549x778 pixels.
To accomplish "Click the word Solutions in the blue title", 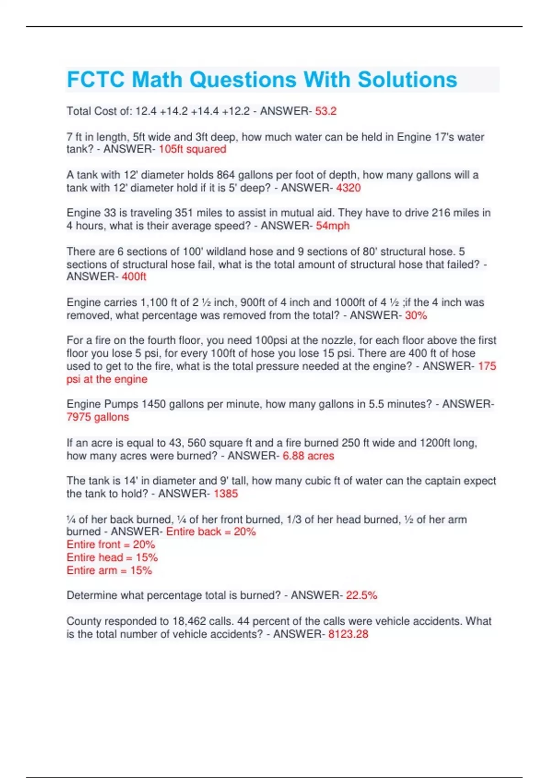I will click(407, 80).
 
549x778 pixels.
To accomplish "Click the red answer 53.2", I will click(326, 111).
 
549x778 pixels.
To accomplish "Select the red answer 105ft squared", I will click(192, 149).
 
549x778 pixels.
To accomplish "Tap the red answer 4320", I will click(348, 188).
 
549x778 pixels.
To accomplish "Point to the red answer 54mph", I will click(333, 226).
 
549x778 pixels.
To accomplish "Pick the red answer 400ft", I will click(134, 276).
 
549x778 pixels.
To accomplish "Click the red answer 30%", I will click(416, 315).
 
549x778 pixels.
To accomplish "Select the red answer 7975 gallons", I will click(97, 417).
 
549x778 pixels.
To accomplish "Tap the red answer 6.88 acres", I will click(308, 456).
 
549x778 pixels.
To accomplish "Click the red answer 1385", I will click(226, 493).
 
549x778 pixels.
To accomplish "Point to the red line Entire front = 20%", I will click(111, 545).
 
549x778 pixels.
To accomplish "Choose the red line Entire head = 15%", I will click(112, 557).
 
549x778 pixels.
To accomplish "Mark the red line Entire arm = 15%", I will click(109, 570).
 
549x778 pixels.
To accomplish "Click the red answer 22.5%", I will click(361, 595).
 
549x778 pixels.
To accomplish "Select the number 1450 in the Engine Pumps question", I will click(154, 404).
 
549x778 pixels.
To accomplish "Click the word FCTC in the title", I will click(96, 80).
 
